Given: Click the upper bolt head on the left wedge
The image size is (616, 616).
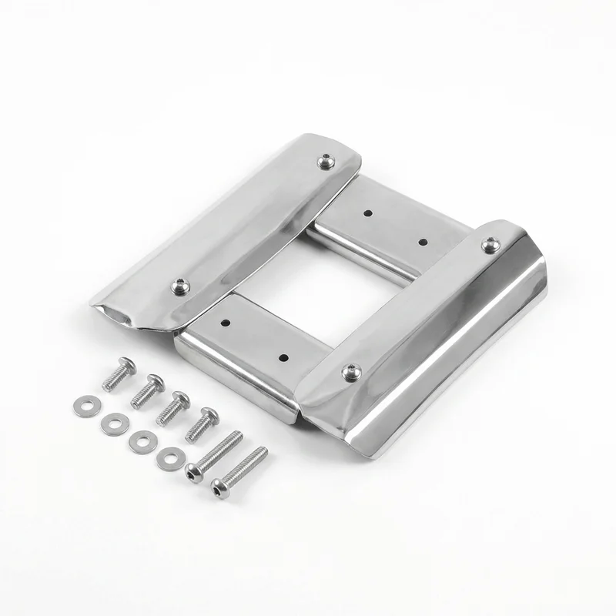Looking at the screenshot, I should click(x=326, y=162).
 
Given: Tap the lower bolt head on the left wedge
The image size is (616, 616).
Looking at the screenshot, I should click(x=179, y=286).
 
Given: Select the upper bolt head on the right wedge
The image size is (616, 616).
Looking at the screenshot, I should click(x=490, y=246).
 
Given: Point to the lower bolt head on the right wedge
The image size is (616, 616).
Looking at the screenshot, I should click(x=351, y=373).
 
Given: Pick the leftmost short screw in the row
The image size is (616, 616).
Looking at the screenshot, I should click(x=119, y=373).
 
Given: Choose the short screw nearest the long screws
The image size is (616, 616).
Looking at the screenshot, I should click(x=202, y=423).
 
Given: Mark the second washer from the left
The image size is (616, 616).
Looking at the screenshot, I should click(x=115, y=422).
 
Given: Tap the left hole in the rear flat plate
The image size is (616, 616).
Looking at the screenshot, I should click(x=368, y=213).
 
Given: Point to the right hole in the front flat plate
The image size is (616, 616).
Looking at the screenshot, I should click(x=283, y=358).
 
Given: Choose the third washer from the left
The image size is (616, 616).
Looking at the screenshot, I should click(x=141, y=440).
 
